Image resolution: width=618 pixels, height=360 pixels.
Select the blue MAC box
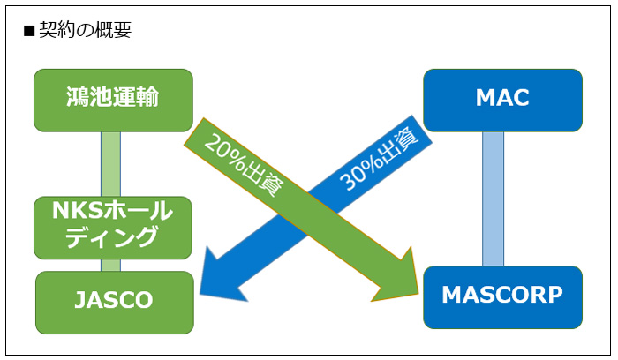click(x=502, y=100)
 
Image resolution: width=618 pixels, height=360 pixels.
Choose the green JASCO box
click(x=114, y=302)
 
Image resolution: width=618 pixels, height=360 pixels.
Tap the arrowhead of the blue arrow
click(x=217, y=277)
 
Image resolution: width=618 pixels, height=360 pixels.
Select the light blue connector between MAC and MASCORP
click(x=493, y=198)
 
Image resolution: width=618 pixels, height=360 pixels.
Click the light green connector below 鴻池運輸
click(x=110, y=163)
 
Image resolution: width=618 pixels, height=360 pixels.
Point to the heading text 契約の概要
click(x=85, y=29)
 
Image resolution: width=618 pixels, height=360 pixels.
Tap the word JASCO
click(x=114, y=302)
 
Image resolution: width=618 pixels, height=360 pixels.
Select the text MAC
click(x=502, y=100)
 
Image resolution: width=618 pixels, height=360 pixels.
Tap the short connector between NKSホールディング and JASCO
click(x=110, y=265)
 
